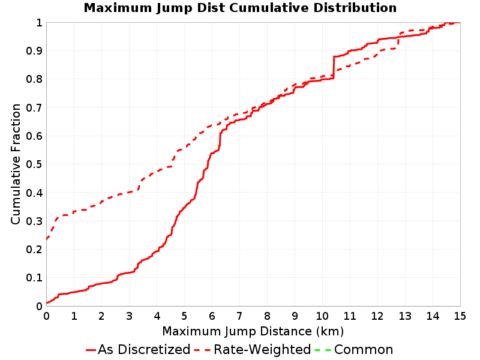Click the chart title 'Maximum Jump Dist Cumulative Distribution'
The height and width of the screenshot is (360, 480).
point(240,8)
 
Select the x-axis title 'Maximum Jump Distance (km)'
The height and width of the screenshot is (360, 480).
point(253,331)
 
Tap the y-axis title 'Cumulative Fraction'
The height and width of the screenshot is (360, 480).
point(16,164)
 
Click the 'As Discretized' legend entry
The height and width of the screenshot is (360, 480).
point(138,349)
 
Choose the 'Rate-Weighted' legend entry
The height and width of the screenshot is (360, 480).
point(253,349)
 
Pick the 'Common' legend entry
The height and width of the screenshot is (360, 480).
point(353,349)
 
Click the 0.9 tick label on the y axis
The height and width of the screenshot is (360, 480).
point(34,50)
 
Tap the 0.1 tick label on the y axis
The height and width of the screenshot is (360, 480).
point(34,278)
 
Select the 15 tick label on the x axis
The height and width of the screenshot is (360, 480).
point(460,316)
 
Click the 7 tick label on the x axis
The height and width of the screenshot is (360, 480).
point(239,316)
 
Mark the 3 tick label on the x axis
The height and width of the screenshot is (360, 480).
point(129,316)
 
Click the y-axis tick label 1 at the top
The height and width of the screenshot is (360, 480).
point(39,23)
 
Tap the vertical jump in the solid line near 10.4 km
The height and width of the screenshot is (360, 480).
point(334,67)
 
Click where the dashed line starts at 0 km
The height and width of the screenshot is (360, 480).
point(47,238)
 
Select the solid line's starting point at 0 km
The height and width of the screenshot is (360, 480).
point(47,303)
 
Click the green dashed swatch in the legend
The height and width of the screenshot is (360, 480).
point(323,350)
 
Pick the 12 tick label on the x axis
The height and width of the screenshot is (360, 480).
point(377,316)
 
